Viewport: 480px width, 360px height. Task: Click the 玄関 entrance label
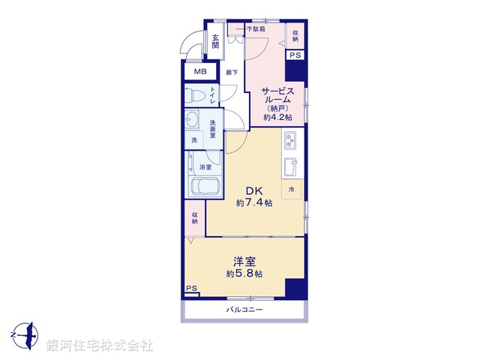(x=215, y=41)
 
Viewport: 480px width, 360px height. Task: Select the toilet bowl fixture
(x=197, y=95)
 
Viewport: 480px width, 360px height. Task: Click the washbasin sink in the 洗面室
(x=193, y=120)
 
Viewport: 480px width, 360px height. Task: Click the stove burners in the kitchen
(x=291, y=140)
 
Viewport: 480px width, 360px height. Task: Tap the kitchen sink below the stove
(x=290, y=164)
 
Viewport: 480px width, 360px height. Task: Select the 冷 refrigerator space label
(x=292, y=190)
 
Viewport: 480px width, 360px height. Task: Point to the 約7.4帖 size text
(x=248, y=203)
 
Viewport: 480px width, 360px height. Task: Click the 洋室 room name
(x=244, y=261)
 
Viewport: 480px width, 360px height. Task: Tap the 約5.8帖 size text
(x=244, y=274)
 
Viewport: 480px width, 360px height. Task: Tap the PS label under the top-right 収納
(x=295, y=55)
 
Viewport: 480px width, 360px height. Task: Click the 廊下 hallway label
(x=232, y=72)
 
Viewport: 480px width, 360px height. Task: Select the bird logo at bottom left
(x=25, y=332)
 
